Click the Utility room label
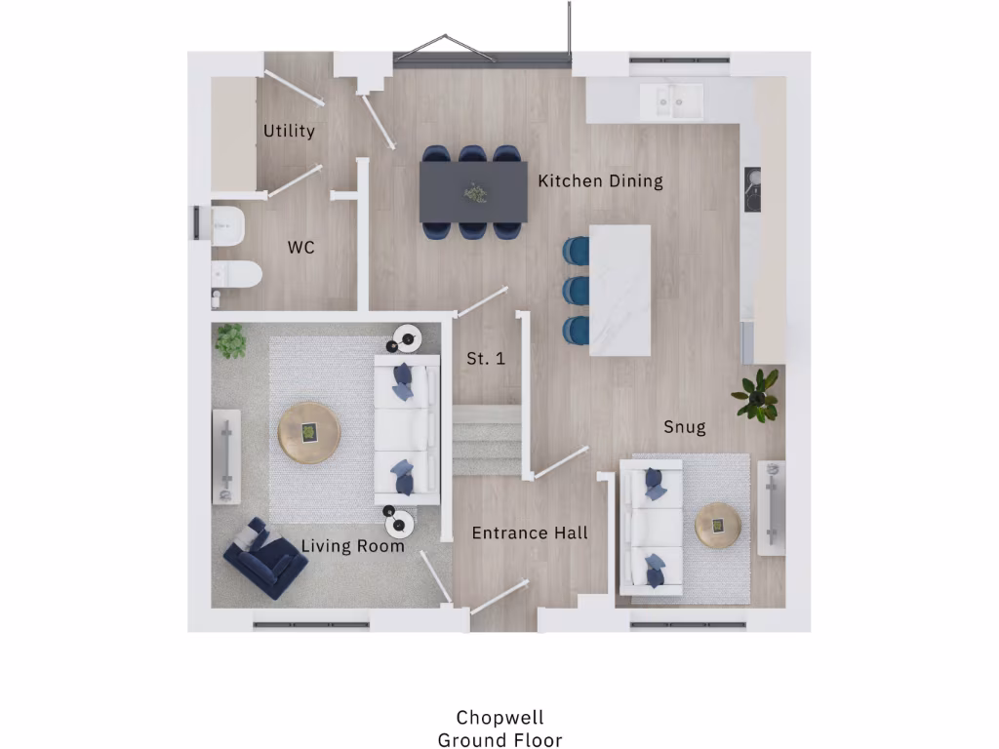[289, 131]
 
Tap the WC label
[300, 248]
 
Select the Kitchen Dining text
[600, 180]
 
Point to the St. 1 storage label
[485, 359]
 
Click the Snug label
[684, 427]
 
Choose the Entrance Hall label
[530, 532]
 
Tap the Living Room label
[352, 546]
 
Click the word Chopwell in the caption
[499, 720]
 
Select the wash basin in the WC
[226, 223]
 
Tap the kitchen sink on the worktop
[671, 100]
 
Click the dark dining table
[473, 191]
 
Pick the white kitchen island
[620, 291]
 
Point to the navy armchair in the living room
[263, 560]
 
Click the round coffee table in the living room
[309, 431]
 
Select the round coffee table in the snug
[718, 526]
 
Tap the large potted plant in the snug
[757, 394]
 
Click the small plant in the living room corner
[230, 340]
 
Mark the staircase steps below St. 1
[487, 440]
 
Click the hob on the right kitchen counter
[753, 189]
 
